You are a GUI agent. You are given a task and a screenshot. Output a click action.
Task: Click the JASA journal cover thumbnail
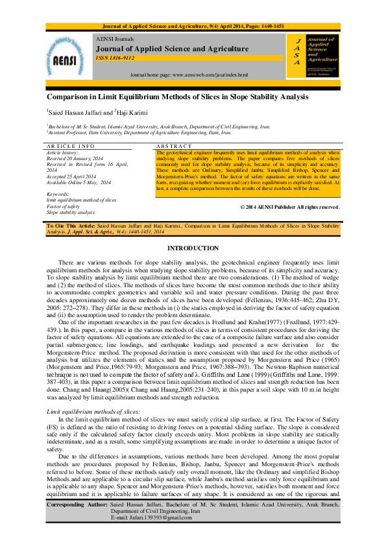[x=313, y=56]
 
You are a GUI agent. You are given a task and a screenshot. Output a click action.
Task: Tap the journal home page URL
[x=189, y=75]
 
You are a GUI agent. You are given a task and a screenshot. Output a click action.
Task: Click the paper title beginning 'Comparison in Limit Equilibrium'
[x=177, y=97]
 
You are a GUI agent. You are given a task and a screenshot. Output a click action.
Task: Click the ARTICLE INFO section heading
[x=70, y=147]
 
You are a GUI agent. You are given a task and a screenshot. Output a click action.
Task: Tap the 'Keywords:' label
[x=59, y=194]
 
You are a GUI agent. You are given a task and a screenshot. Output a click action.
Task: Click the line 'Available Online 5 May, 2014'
[x=79, y=183]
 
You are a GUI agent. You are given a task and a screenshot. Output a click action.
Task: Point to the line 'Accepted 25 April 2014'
[x=72, y=177]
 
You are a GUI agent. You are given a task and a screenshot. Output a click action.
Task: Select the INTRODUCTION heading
[x=193, y=248]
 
